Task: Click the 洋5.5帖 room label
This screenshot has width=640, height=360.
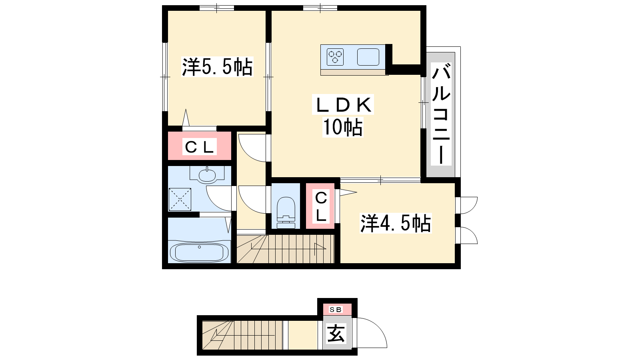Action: point(217,67)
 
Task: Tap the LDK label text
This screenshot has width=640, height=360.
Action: point(343,104)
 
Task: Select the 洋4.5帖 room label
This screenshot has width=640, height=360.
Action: point(396,223)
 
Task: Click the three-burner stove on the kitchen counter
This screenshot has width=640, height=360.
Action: point(335,57)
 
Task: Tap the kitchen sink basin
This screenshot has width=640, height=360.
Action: point(368,57)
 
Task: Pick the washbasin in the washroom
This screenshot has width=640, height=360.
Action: point(207,175)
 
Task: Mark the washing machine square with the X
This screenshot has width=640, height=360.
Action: point(180,199)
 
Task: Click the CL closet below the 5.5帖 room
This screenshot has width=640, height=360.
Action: point(200,146)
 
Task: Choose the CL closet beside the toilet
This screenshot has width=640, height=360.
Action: point(320,206)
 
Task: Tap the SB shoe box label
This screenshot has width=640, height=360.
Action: point(336,310)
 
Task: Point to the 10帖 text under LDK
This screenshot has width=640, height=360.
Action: point(343,127)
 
